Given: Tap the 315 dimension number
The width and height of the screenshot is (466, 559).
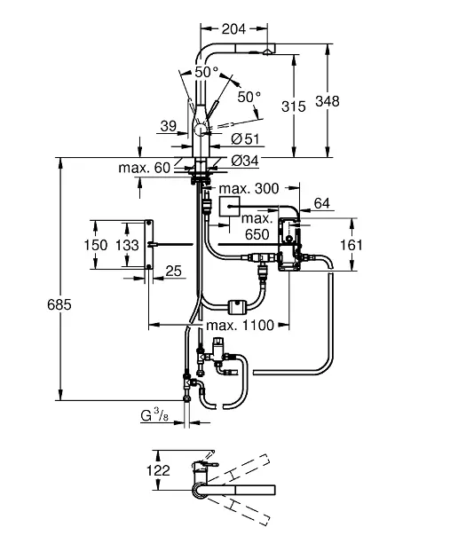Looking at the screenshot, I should tap(293, 106).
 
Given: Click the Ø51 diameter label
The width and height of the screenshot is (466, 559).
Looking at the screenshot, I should tap(244, 138).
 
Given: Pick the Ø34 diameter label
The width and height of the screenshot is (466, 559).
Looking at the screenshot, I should tap(244, 161).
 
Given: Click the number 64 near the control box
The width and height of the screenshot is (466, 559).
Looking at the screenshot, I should tap(321, 203).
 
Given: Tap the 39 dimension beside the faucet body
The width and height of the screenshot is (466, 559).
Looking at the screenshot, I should tap(169, 127).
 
